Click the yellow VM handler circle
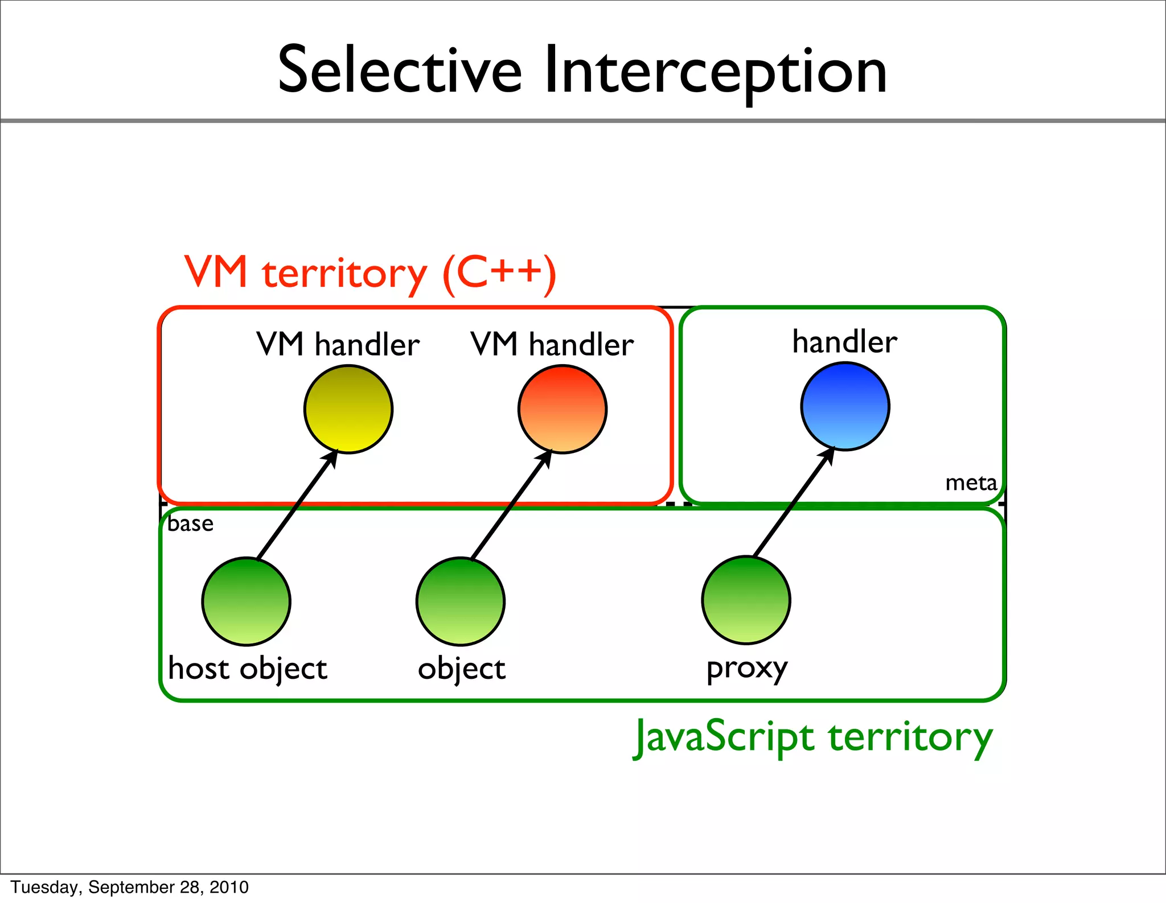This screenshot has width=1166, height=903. click(348, 409)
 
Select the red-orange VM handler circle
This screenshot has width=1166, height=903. click(563, 409)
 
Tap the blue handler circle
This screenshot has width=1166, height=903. click(845, 406)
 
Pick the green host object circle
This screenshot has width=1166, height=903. click(247, 601)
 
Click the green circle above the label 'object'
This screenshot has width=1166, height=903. click(461, 601)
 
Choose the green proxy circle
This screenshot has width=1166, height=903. click(746, 600)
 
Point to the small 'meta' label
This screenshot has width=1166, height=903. click(971, 483)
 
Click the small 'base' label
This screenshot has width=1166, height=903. click(191, 523)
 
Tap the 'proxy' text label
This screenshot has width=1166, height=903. click(747, 668)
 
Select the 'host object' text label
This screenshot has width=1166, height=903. click(248, 669)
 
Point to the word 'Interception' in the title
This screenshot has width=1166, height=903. click(715, 72)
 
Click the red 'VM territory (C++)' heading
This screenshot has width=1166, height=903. click(370, 273)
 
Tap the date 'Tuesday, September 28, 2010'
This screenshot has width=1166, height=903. click(130, 886)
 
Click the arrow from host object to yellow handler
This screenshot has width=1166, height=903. click(296, 505)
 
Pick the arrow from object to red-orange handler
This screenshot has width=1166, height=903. click(510, 505)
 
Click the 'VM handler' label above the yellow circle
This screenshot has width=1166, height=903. click(338, 344)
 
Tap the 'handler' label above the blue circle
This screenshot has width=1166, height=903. click(845, 341)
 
